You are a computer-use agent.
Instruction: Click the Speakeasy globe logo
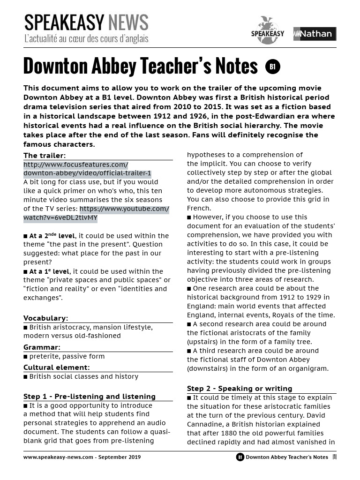tap(267, 30)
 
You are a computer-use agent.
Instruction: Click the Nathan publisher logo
tap(315, 34)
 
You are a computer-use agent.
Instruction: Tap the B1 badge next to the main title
tap(272, 67)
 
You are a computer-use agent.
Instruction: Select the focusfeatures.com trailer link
tap(87, 169)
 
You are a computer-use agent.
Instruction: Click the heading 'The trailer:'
tap(45, 156)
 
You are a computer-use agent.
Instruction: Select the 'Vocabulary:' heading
tap(45, 318)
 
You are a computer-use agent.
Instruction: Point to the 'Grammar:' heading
tap(42, 347)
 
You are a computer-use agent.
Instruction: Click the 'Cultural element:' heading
tap(56, 367)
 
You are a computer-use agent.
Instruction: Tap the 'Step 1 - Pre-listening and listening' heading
tap(89, 397)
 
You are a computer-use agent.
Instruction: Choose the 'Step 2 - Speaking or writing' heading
tap(239, 389)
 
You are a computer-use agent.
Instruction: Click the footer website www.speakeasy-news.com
tap(58, 457)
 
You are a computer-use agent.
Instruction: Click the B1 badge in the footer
tap(240, 457)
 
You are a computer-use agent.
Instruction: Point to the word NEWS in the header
tap(128, 22)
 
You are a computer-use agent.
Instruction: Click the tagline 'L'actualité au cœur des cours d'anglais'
tap(86, 38)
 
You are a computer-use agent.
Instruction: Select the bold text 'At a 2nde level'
tap(52, 236)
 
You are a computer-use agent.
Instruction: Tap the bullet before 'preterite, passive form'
tap(25, 356)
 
